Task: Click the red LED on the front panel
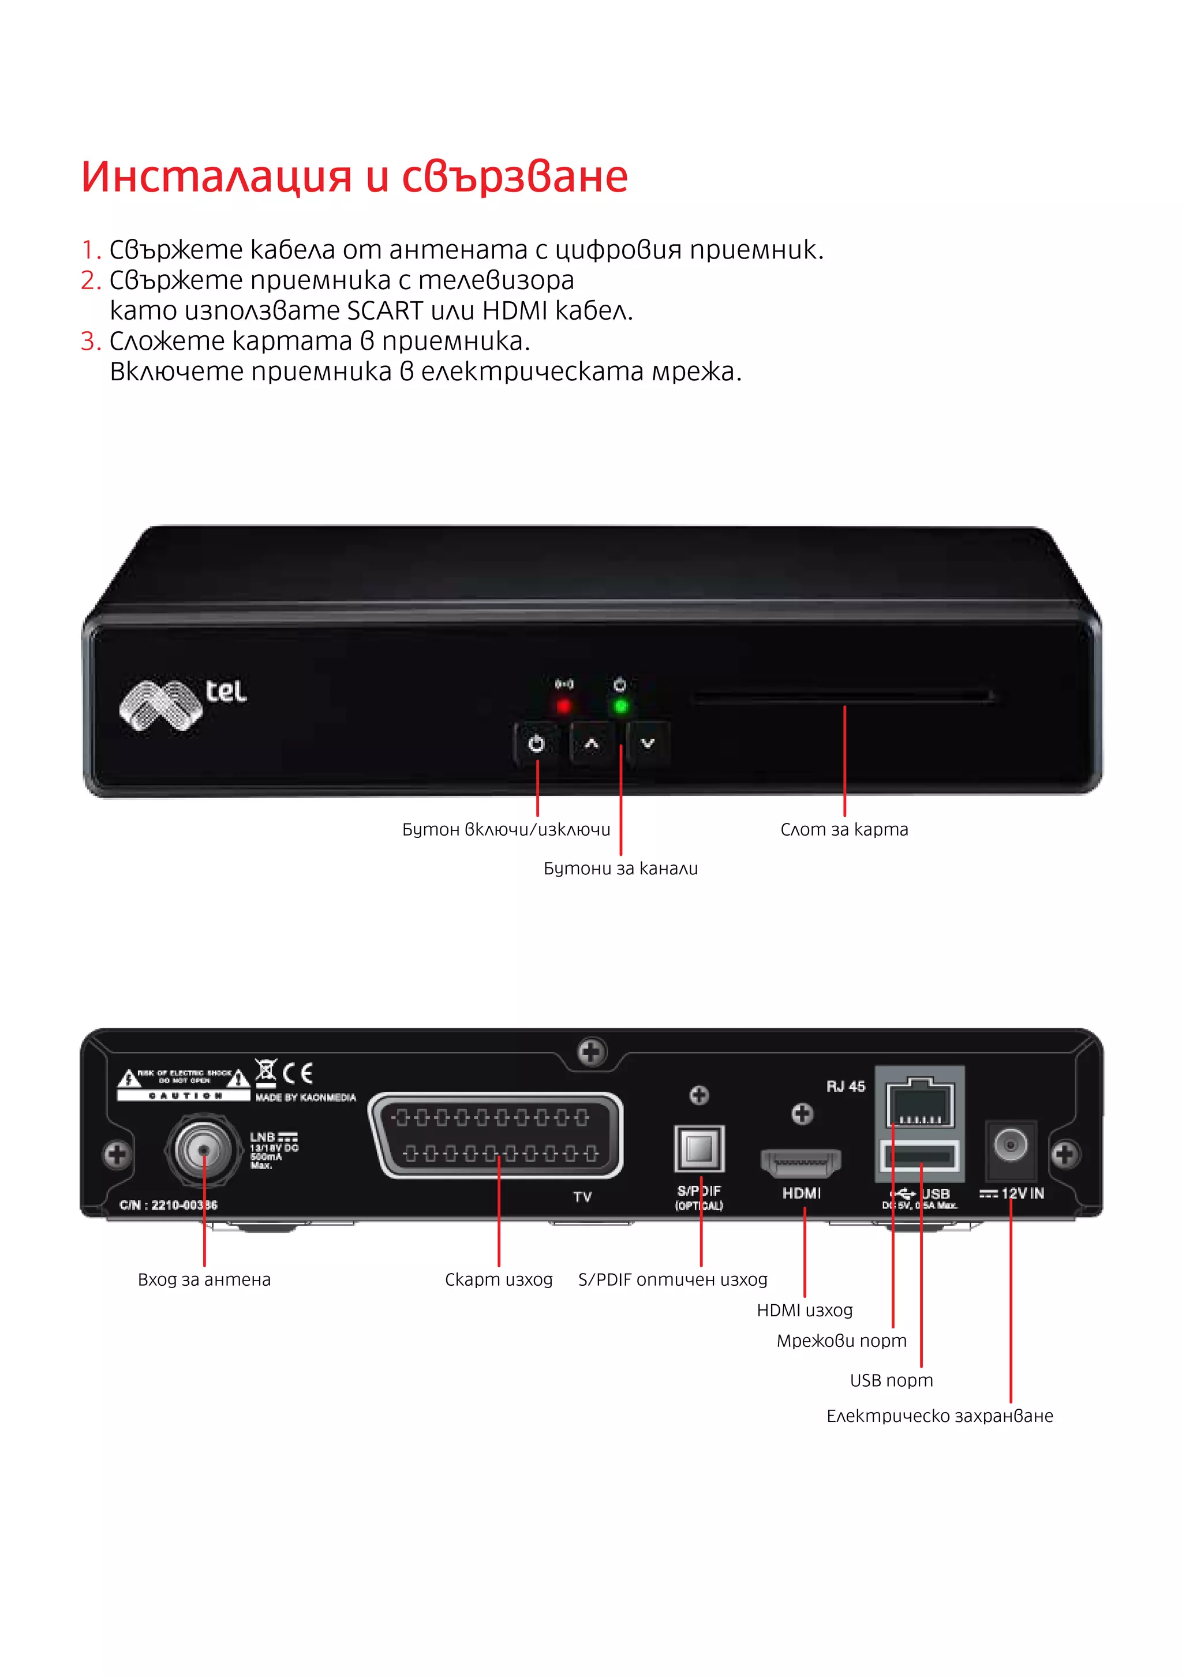[x=563, y=706]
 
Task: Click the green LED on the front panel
[x=620, y=706]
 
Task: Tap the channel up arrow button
[x=592, y=743]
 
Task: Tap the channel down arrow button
[x=647, y=743]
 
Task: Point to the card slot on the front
[x=844, y=698]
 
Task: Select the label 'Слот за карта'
[x=844, y=830]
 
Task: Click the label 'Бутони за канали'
[x=620, y=869]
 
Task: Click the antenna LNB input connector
[x=204, y=1150]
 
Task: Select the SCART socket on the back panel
[x=497, y=1135]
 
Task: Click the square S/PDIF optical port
[x=699, y=1149]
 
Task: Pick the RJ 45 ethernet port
[x=920, y=1103]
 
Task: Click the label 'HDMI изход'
[x=805, y=1311]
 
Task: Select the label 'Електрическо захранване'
[x=940, y=1416]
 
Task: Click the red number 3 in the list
[x=90, y=341]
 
